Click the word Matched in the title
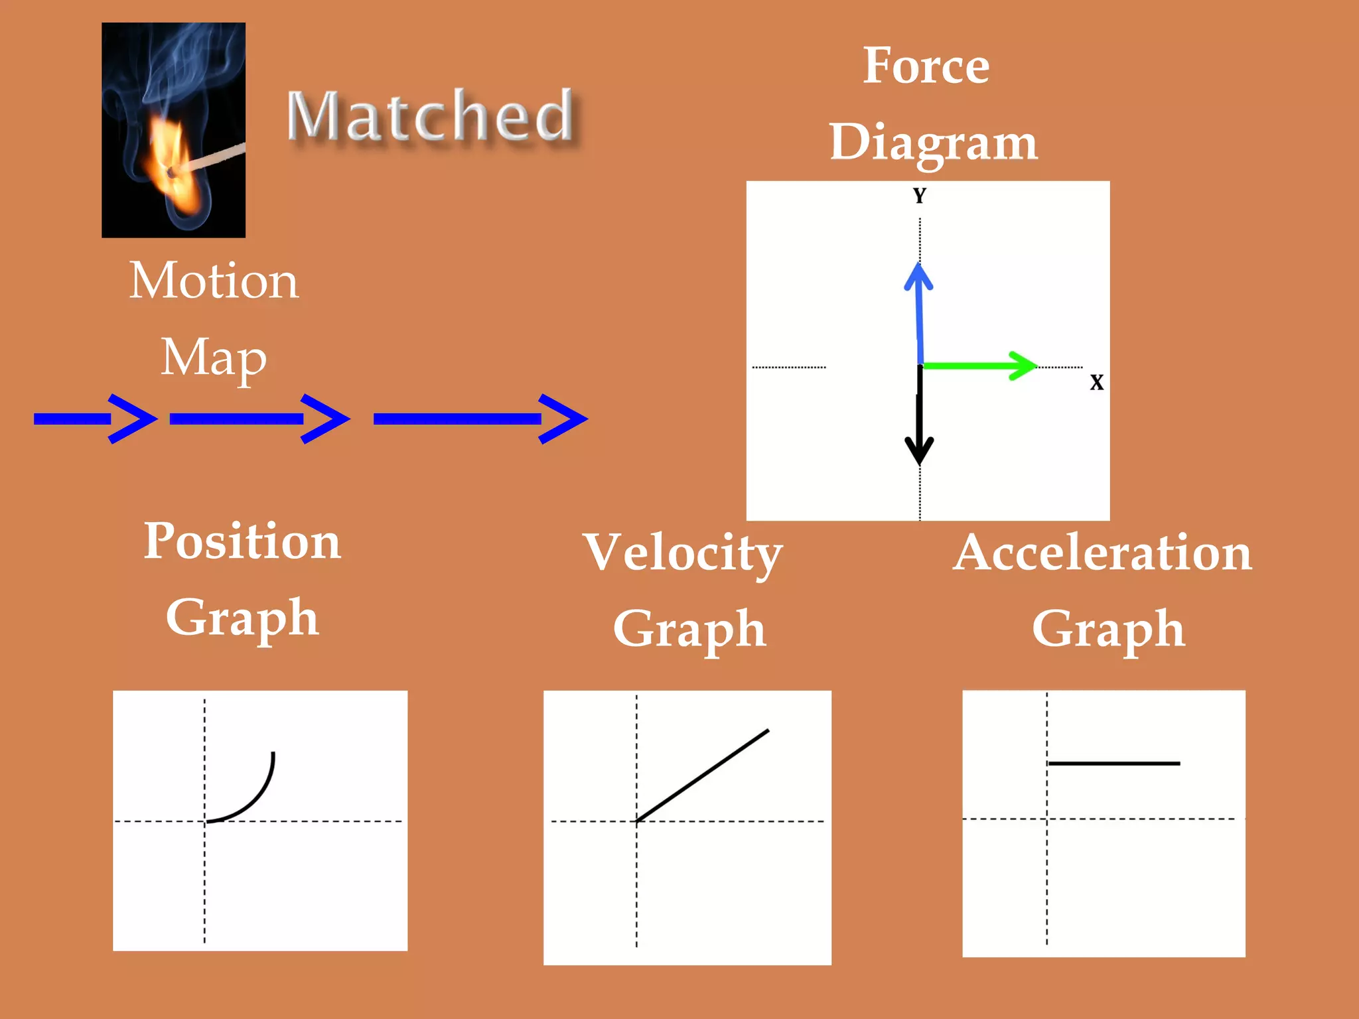[x=430, y=116]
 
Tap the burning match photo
[x=173, y=130]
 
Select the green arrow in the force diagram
[x=979, y=366]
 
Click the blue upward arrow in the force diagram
[x=919, y=312]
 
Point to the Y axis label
[x=919, y=196]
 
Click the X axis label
[x=1096, y=382]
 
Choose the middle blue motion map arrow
[x=259, y=419]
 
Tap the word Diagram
[x=933, y=143]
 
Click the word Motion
[x=214, y=281]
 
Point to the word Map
[x=214, y=358]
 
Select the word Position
[x=242, y=541]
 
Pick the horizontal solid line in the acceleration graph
[x=1113, y=764]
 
